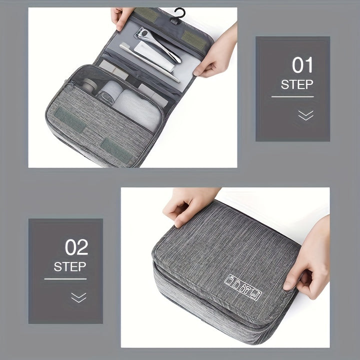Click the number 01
(302, 65)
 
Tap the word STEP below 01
(297, 84)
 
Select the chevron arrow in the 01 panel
(305, 115)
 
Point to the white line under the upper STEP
(292, 96)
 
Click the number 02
(76, 247)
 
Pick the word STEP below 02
(70, 266)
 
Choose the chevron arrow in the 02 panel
(78, 297)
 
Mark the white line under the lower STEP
(65, 278)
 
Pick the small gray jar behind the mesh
(88, 86)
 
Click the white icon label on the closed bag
(243, 287)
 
